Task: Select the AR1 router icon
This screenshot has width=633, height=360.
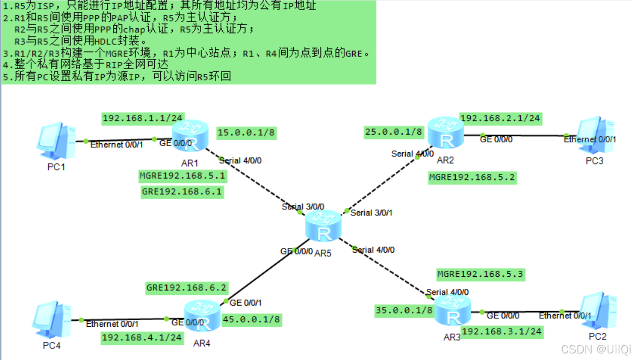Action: coord(189,135)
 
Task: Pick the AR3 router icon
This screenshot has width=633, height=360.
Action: coord(453,311)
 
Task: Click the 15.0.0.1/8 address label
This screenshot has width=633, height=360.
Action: coord(246,133)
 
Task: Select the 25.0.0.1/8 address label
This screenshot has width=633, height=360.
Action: coord(394,132)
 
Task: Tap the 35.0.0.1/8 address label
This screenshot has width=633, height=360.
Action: coord(404,311)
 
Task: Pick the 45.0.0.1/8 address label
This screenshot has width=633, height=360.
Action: coord(251,319)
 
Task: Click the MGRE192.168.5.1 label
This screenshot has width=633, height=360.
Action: coord(182,176)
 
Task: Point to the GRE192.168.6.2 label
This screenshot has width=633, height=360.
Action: coord(186,288)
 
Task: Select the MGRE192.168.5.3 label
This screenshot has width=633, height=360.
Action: coord(480,274)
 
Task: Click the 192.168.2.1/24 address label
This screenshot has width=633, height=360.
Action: coord(500,118)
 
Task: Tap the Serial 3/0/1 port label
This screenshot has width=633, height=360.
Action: coord(371,213)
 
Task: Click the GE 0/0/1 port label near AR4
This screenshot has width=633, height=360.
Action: coord(245,303)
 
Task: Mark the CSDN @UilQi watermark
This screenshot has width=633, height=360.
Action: coord(596,349)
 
